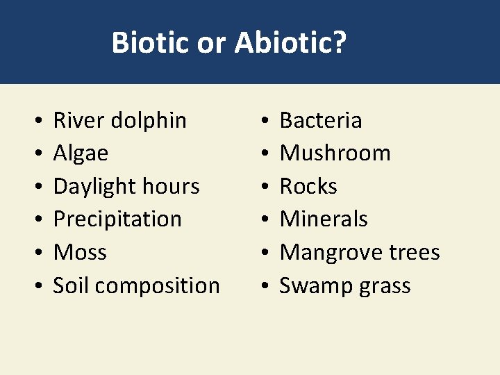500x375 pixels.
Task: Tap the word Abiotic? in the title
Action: click(x=290, y=43)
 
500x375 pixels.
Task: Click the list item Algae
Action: click(x=81, y=153)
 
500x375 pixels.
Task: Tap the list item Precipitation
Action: click(x=117, y=219)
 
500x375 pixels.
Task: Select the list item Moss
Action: click(x=80, y=252)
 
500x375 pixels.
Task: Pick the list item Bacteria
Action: click(x=320, y=120)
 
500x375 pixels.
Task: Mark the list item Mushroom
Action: click(x=335, y=153)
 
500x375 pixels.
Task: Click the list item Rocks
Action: click(x=308, y=186)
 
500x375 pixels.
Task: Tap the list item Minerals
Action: click(x=324, y=219)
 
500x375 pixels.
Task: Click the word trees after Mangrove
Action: click(x=415, y=252)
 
